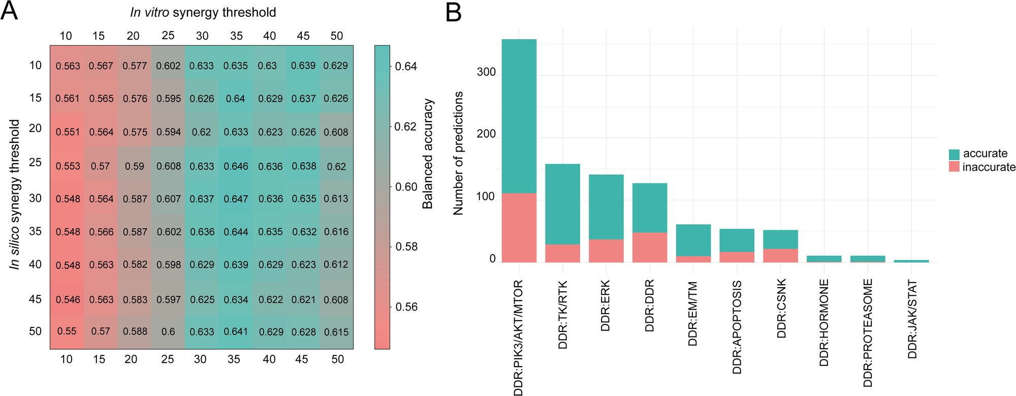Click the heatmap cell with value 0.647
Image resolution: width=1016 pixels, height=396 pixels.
[236, 199]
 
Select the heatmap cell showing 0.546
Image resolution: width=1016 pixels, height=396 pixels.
[68, 299]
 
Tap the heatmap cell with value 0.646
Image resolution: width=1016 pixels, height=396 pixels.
[236, 166]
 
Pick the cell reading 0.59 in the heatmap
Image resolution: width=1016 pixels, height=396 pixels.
[135, 166]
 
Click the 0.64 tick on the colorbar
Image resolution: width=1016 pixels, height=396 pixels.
[406, 67]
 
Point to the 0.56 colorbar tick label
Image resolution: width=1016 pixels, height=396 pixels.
[406, 307]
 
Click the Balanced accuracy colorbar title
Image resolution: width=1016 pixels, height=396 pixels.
[428, 154]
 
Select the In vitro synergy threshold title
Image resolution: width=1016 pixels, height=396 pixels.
[203, 12]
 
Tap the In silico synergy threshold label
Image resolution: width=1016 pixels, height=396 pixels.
[15, 194]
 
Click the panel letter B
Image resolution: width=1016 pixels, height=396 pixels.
[453, 12]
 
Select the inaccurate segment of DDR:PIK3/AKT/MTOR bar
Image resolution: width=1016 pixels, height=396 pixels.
[519, 227]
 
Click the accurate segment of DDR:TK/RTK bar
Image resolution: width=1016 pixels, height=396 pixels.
[562, 204]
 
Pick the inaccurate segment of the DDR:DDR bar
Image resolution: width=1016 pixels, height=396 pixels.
[649, 247]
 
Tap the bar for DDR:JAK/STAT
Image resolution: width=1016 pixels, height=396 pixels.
[911, 261]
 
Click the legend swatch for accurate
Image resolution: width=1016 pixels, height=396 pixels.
[954, 154]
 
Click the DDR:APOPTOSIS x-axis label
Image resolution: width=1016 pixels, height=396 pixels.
[737, 327]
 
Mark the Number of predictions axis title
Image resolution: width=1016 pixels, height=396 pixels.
[458, 154]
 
